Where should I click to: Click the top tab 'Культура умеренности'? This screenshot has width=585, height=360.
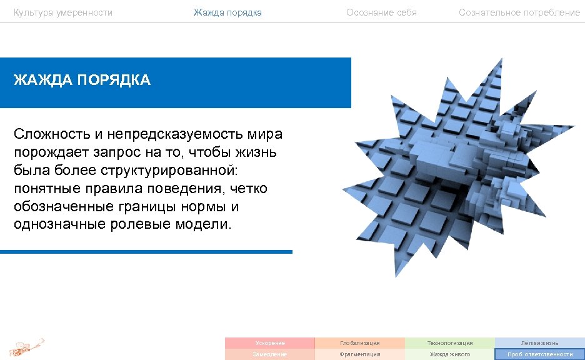coord(63,12)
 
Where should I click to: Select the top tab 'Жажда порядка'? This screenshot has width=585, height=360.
coord(227,12)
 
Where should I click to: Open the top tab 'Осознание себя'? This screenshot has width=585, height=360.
coord(381,12)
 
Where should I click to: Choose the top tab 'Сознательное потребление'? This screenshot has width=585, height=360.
coord(519,12)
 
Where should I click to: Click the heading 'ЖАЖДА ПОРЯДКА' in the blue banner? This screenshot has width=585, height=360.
coord(82,81)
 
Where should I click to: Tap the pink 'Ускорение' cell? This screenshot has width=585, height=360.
coord(270,343)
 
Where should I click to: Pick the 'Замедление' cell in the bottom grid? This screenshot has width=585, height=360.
coord(270,354)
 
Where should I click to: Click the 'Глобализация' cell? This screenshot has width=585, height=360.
coord(360,343)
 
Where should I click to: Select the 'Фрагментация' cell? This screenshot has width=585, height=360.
coord(360,354)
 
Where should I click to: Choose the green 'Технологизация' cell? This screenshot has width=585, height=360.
coord(450,343)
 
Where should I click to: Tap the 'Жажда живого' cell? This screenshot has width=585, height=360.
coord(450,354)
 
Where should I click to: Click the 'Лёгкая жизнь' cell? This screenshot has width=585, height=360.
coord(540,343)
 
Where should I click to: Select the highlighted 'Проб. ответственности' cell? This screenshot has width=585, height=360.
coord(540,354)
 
